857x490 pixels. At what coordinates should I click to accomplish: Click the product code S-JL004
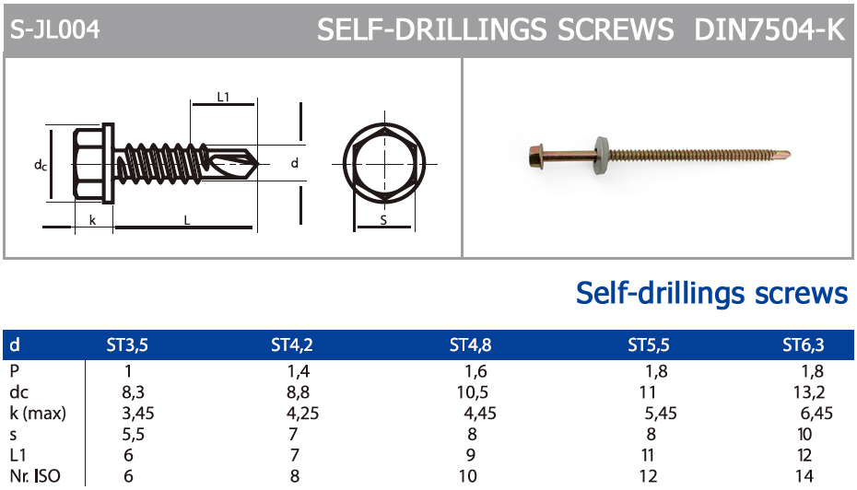(x=54, y=29)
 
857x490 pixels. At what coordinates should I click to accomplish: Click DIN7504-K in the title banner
(x=769, y=29)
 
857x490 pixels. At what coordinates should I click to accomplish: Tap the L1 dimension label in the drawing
(x=223, y=97)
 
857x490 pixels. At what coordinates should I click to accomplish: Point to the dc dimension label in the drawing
(x=40, y=165)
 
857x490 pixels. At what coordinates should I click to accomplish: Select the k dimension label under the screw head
(x=93, y=220)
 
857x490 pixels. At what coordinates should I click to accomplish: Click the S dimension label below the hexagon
(x=383, y=220)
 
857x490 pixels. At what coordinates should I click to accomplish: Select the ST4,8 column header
(x=470, y=345)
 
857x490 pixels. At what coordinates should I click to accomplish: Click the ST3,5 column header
(x=127, y=345)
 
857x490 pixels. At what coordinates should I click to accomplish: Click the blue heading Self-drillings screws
(x=711, y=293)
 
